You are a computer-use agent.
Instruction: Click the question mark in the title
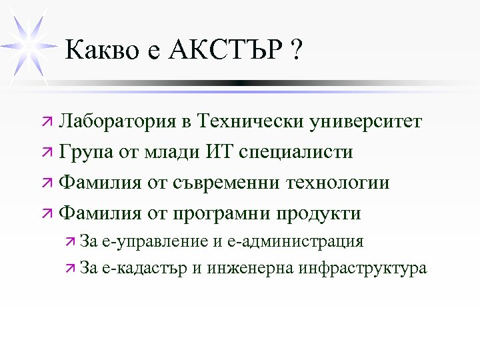[x=295, y=51]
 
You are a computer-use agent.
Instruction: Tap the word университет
[x=365, y=122]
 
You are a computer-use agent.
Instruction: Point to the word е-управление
[x=157, y=241]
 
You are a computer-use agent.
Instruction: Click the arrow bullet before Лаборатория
[x=45, y=123]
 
